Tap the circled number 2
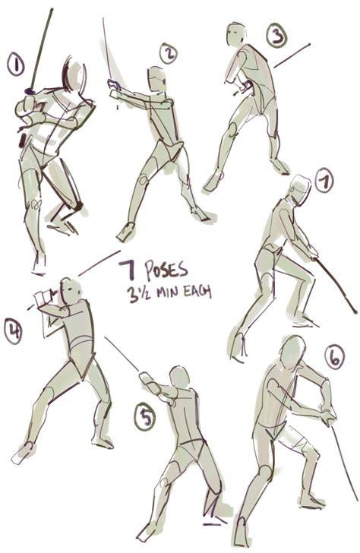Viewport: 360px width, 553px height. pos(169,53)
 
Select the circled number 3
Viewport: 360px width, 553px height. pos(276,35)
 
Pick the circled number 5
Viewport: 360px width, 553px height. pos(146,417)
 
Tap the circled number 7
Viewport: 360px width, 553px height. pos(324,181)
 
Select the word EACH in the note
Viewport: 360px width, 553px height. pos(197,292)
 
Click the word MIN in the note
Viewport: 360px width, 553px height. pos(165,292)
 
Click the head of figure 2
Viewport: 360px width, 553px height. pos(156,79)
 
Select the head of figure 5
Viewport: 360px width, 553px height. pos(178,378)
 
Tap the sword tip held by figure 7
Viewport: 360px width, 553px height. pos(355,310)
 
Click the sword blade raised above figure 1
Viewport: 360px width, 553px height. pos(42,46)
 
